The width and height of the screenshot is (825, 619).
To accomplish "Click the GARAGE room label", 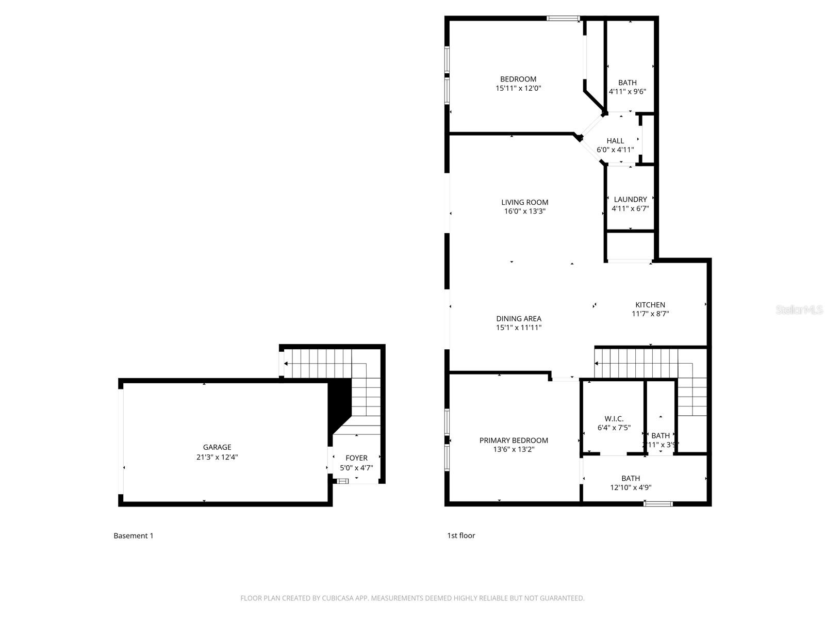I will pyautogui.click(x=217, y=447).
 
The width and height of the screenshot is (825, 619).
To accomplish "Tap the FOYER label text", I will pyautogui.click(x=356, y=458).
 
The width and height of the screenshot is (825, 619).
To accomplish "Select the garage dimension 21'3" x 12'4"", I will pyautogui.click(x=217, y=457).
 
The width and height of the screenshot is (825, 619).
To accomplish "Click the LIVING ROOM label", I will pyautogui.click(x=524, y=202).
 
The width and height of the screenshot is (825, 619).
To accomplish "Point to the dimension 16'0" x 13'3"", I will pyautogui.click(x=524, y=211).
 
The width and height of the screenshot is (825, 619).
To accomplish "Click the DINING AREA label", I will pyautogui.click(x=519, y=319).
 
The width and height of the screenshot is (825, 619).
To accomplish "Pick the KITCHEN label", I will pyautogui.click(x=650, y=305).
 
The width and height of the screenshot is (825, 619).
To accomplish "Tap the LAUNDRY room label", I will pyautogui.click(x=630, y=200).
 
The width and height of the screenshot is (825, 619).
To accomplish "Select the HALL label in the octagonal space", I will pyautogui.click(x=615, y=141).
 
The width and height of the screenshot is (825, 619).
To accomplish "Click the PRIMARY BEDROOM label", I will pyautogui.click(x=514, y=440).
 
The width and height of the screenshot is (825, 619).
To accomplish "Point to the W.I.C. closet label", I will pyautogui.click(x=614, y=419).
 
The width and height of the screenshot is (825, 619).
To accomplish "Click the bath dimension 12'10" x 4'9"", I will pyautogui.click(x=631, y=487).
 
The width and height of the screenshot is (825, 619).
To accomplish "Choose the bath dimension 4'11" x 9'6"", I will pyautogui.click(x=627, y=92).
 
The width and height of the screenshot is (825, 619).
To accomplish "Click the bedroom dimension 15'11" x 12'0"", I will pyautogui.click(x=518, y=88).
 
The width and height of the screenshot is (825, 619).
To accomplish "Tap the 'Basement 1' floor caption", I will pyautogui.click(x=133, y=535).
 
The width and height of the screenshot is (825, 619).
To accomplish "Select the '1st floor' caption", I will pyautogui.click(x=461, y=535).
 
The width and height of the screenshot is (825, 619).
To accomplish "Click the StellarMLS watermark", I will pyautogui.click(x=800, y=310).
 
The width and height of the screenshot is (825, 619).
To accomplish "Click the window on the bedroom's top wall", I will pyautogui.click(x=563, y=19).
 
